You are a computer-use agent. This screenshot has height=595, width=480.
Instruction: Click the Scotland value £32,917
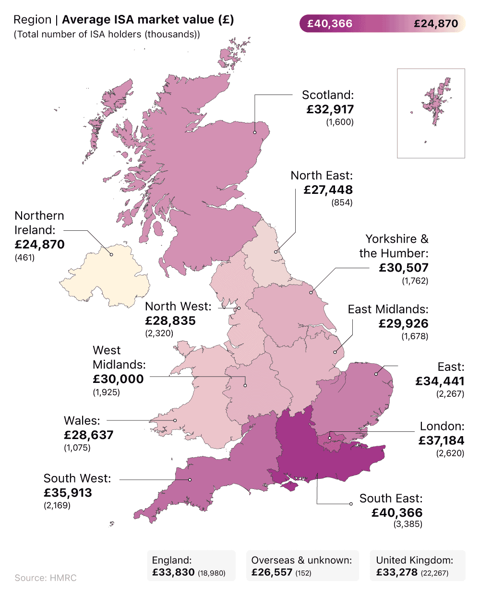[330, 109]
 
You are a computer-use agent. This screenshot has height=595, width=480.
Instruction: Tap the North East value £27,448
[328, 190]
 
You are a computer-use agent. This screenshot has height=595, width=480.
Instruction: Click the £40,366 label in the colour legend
[330, 24]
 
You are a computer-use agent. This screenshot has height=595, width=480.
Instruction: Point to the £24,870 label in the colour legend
[436, 24]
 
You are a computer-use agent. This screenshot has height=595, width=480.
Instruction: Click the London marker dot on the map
[330, 438]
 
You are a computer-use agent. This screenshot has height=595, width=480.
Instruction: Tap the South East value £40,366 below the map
[397, 512]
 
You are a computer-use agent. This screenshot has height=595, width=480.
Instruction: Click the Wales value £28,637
[89, 435]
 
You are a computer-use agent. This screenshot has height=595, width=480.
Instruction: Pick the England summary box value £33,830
[173, 572]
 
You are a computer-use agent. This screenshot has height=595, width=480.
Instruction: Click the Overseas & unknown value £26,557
[272, 572]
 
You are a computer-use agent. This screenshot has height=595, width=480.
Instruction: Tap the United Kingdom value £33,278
[397, 572]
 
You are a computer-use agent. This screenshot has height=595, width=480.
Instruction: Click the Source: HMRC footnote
[46, 578]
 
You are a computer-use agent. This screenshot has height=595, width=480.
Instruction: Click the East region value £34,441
[440, 381]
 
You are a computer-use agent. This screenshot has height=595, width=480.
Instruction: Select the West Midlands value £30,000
[118, 379]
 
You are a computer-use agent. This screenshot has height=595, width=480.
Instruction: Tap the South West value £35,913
[68, 493]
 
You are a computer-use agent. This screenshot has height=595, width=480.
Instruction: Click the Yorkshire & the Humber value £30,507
[404, 268]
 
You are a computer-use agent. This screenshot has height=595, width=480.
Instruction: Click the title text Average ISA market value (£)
[148, 20]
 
